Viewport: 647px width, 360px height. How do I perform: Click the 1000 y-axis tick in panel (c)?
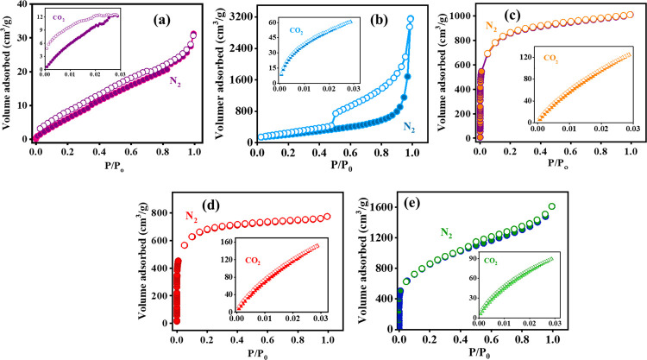coord(463,16)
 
